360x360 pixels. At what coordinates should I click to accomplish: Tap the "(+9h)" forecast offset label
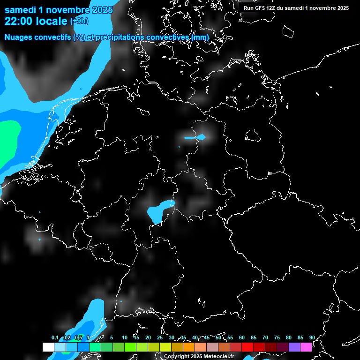coord(79,21)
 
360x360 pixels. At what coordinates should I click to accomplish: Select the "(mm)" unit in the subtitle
coord(201,37)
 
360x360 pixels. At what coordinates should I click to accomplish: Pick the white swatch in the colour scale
coord(48,347)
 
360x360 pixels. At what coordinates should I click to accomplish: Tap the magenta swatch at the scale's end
coord(306,347)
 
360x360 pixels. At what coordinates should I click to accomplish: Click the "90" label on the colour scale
coord(312,338)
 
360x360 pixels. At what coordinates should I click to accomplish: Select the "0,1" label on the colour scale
coord(55,338)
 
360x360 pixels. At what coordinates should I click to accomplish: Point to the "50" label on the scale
coord(218,338)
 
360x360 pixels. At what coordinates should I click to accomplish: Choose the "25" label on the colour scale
coord(160,338)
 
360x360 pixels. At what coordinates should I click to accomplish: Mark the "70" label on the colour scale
coord(265,338)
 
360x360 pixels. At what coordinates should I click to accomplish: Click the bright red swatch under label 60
coord(247,347)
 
